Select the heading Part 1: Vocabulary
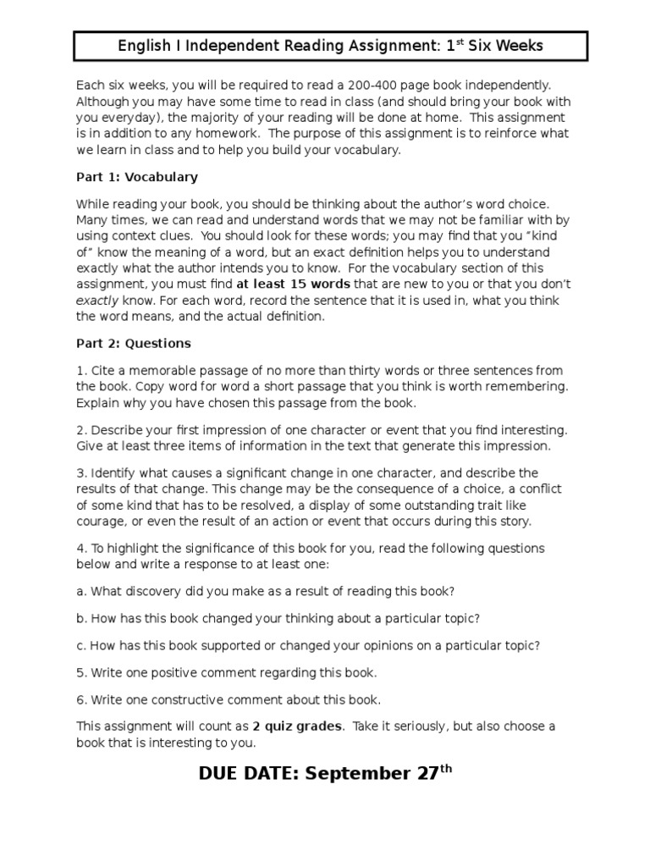pos(137,177)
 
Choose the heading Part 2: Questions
pos(134,343)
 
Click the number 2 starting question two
pos(80,430)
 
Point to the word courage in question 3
pos(102,521)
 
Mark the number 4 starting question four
pos(80,548)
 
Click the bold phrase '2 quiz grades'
pos(297,726)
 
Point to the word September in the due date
pos(364,774)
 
